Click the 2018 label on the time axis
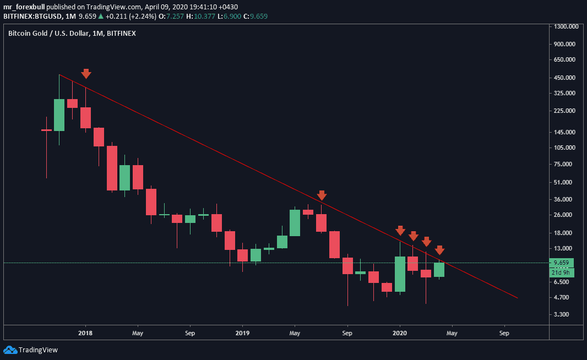pyautogui.click(x=85, y=333)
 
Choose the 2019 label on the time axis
pyautogui.click(x=242, y=333)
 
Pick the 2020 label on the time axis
pyautogui.click(x=400, y=333)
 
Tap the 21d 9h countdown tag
pyautogui.click(x=562, y=272)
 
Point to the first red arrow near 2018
pyautogui.click(x=86, y=74)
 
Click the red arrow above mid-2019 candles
pyautogui.click(x=322, y=195)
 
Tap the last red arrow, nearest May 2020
pyautogui.click(x=439, y=250)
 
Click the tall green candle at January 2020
pyautogui.click(x=400, y=274)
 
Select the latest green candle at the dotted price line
pyautogui.click(x=439, y=269)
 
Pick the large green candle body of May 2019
pyautogui.click(x=295, y=222)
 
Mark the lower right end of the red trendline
pyautogui.click(x=518, y=298)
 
